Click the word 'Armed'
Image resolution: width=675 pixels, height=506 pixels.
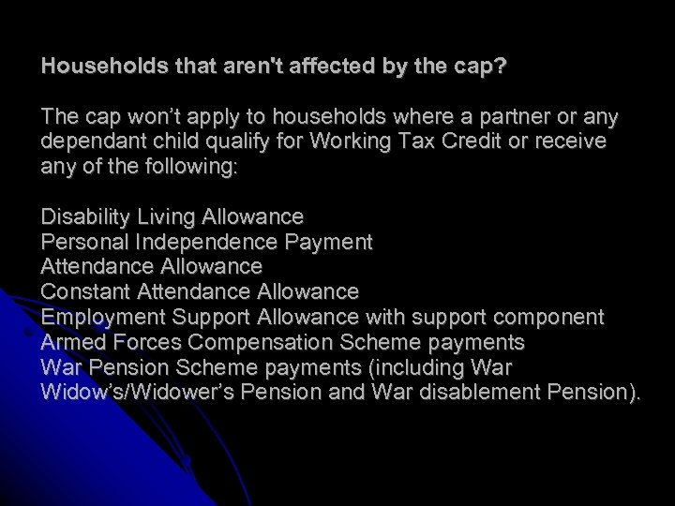(70, 342)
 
